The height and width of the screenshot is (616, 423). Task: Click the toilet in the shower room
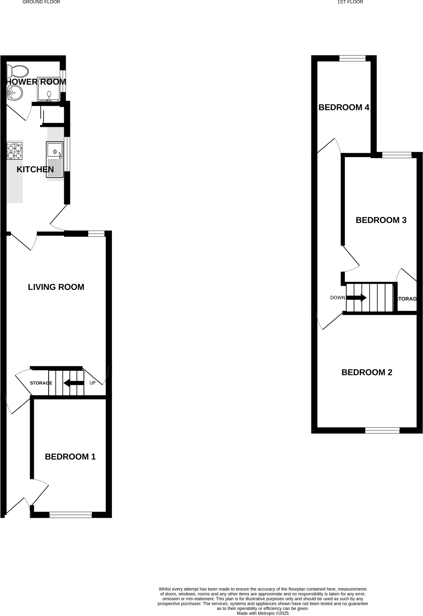coord(18,72)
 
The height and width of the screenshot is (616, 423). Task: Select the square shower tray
coord(48,89)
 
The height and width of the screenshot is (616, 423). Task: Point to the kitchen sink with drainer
coord(55,160)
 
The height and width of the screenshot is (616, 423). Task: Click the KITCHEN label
coord(35,170)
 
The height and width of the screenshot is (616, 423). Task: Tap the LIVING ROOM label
coord(56,287)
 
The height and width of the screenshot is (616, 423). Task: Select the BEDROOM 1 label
coord(70,457)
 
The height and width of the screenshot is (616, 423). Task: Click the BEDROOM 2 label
coord(367,372)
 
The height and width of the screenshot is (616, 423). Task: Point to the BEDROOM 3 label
coord(381,220)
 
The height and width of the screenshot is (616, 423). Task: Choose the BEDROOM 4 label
coord(344,107)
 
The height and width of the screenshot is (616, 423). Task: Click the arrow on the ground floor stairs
coord(73,383)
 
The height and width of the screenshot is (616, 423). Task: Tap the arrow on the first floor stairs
coord(356,298)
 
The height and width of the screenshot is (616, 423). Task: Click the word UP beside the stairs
coord(92,383)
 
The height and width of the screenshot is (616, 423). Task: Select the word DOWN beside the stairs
coord(337,298)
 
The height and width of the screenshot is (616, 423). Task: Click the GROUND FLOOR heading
coord(41,2)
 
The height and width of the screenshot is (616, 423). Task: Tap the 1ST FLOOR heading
coord(350,2)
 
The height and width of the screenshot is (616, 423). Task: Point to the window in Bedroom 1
coord(70,515)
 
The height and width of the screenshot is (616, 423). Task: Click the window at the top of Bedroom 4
coord(352,58)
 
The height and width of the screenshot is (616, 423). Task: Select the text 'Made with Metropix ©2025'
coord(263,613)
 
